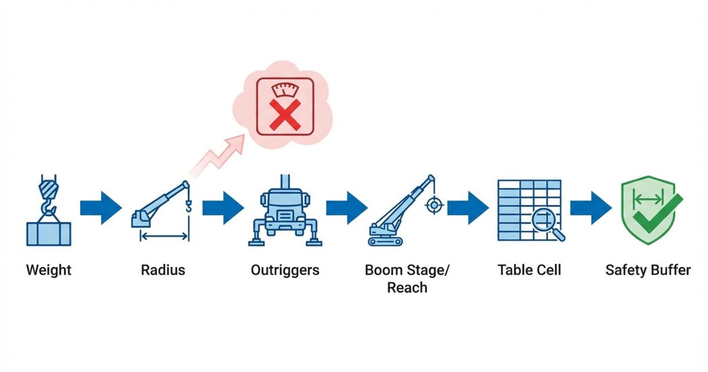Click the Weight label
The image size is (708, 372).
(48, 270)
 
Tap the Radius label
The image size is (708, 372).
(163, 270)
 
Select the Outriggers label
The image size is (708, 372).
(285, 270)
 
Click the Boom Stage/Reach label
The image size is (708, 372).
(407, 279)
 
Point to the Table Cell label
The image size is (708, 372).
(529, 270)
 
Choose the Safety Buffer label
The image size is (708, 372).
(648, 270)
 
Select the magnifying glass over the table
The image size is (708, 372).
(545, 223)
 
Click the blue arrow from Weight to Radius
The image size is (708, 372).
(101, 208)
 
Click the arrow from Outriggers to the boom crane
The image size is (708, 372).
(346, 208)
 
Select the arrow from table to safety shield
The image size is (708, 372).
(592, 208)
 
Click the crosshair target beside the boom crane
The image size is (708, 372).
(434, 205)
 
